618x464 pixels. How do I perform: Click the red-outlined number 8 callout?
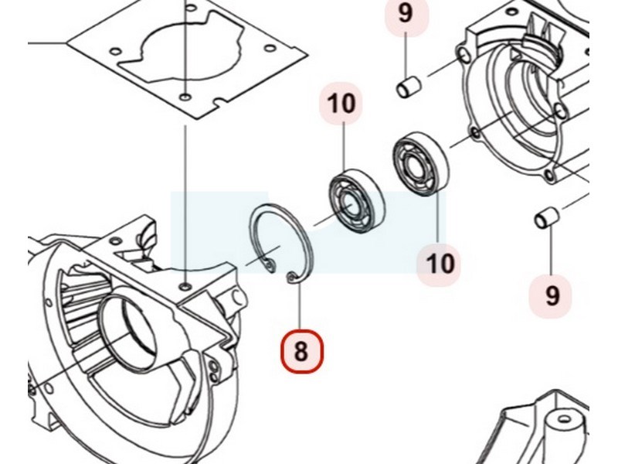[x=301, y=351]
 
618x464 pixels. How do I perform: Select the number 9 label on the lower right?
[x=552, y=295]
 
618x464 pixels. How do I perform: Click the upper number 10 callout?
[x=341, y=104]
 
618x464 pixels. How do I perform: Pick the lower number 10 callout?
[x=438, y=263]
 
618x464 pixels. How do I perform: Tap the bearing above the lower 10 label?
[x=420, y=162]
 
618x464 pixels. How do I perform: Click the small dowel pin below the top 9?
[x=409, y=87]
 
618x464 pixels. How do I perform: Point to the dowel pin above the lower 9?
[x=547, y=218]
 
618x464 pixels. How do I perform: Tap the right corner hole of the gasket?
[x=270, y=49]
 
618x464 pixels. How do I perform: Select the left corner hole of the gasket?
[x=114, y=52]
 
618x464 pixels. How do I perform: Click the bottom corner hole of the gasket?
[x=185, y=97]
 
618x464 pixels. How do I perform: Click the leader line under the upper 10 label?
[x=344, y=147]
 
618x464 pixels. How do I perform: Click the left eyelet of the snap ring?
[x=270, y=265]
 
